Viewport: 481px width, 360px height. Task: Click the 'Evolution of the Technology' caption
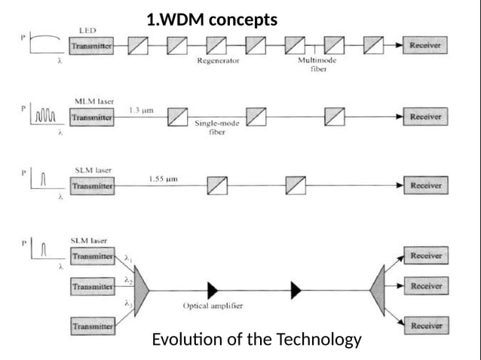[x=256, y=340]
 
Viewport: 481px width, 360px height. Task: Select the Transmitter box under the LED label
[x=91, y=46]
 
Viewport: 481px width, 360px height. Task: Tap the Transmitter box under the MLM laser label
[x=91, y=117]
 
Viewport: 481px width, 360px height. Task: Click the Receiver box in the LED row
[x=425, y=46]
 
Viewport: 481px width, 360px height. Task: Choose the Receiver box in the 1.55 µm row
[x=425, y=185]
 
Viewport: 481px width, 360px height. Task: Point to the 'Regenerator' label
[x=218, y=62]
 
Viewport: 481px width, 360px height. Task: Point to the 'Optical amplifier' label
[x=212, y=307]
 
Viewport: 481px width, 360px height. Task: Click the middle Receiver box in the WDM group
[x=425, y=287]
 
